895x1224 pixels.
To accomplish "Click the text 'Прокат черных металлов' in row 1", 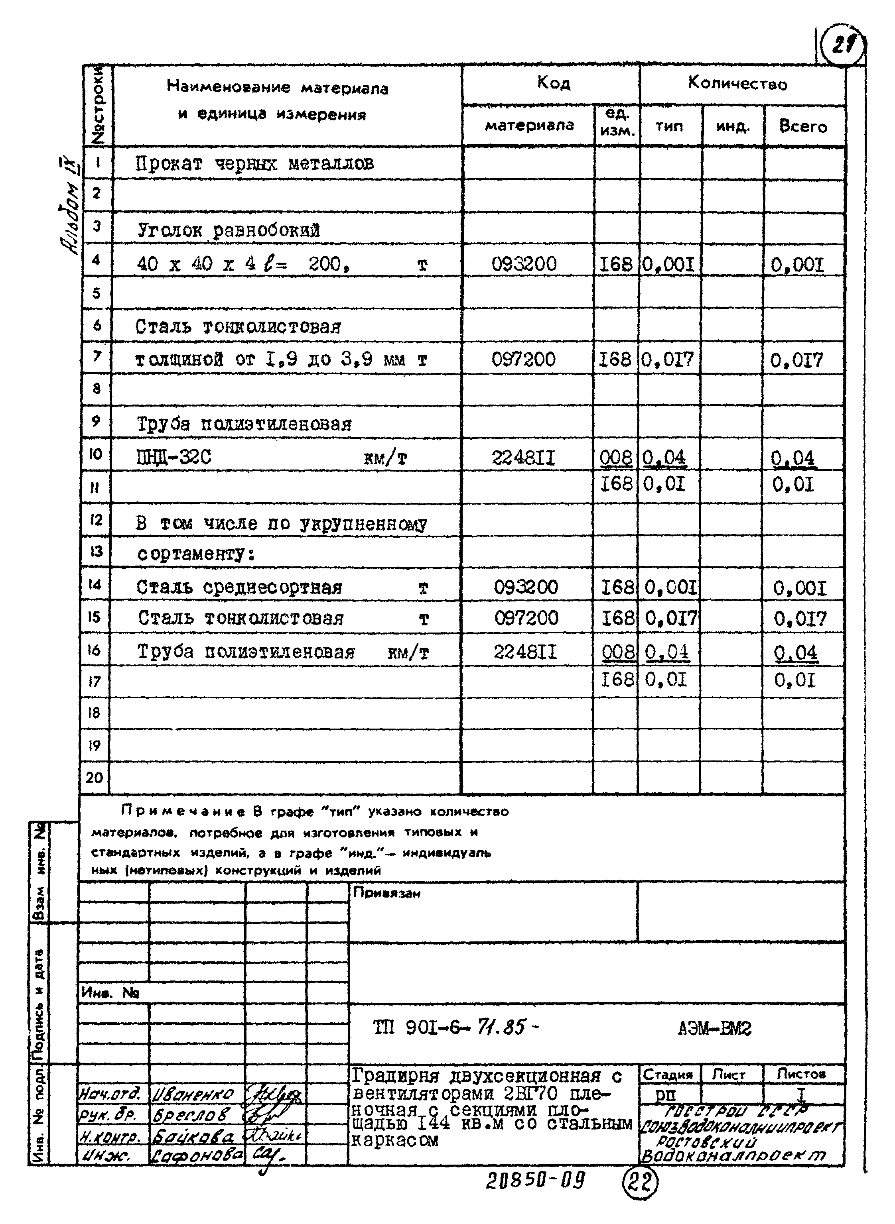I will pyautogui.click(x=254, y=163).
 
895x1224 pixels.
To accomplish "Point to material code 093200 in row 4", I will pyautogui.click(x=524, y=264).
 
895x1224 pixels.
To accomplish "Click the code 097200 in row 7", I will pyautogui.click(x=523, y=359).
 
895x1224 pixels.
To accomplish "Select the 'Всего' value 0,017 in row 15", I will pyautogui.click(x=800, y=619).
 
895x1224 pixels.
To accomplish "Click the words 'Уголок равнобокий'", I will pyautogui.click(x=228, y=231).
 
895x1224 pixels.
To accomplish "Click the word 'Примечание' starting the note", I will pyautogui.click(x=184, y=811).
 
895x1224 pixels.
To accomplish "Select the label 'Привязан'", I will pyautogui.click(x=386, y=893).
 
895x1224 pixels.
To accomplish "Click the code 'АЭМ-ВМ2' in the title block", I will pyautogui.click(x=714, y=1028).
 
